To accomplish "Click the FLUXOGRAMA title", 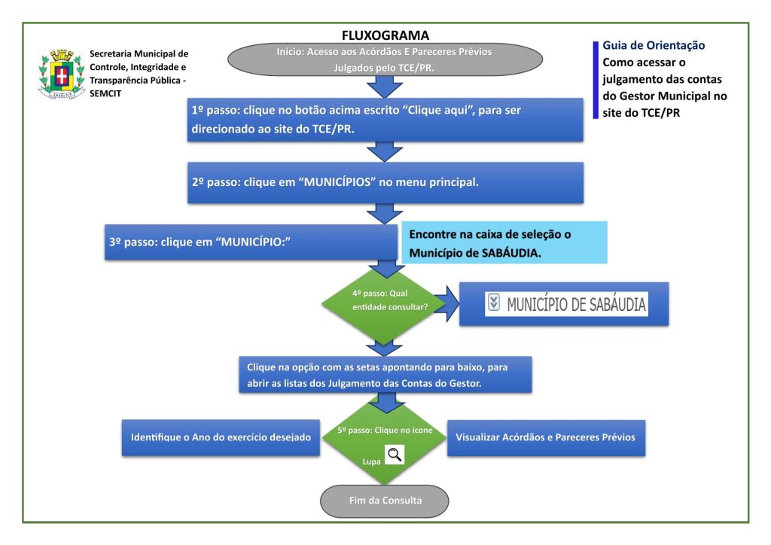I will pyautogui.click(x=385, y=35).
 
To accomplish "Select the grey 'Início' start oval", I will pyautogui.click(x=385, y=59).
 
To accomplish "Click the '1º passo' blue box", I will pyautogui.click(x=385, y=119).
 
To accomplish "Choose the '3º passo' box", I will pyautogui.click(x=251, y=242).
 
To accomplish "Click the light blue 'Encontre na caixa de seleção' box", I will pyautogui.click(x=504, y=242).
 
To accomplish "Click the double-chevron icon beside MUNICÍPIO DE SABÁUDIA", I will pyautogui.click(x=494, y=303).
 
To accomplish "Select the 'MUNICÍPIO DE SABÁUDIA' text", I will pyautogui.click(x=576, y=304).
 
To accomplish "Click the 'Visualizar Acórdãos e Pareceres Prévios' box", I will pyautogui.click(x=546, y=437).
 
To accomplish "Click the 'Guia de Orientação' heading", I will pyautogui.click(x=654, y=46).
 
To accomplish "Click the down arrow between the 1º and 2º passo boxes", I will pyautogui.click(x=385, y=152).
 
